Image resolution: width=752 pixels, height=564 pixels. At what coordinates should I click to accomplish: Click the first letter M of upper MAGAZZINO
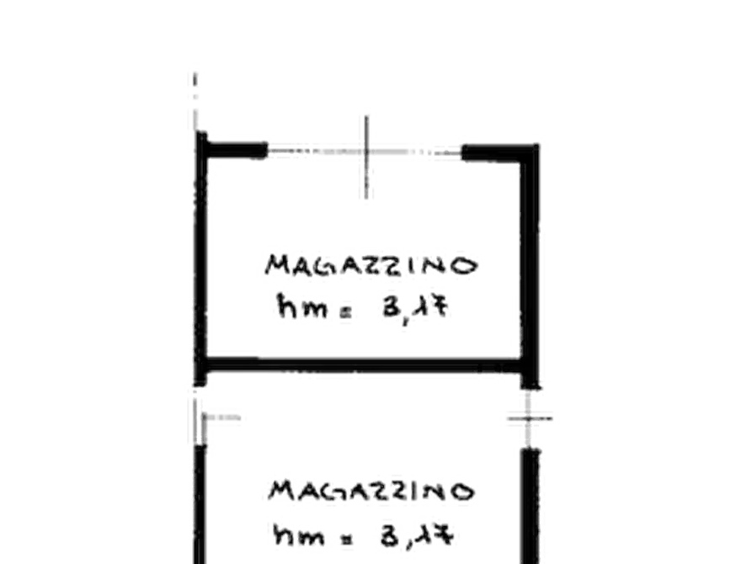pos(278,265)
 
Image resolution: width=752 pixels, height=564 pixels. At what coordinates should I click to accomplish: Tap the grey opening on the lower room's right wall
pos(531,418)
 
